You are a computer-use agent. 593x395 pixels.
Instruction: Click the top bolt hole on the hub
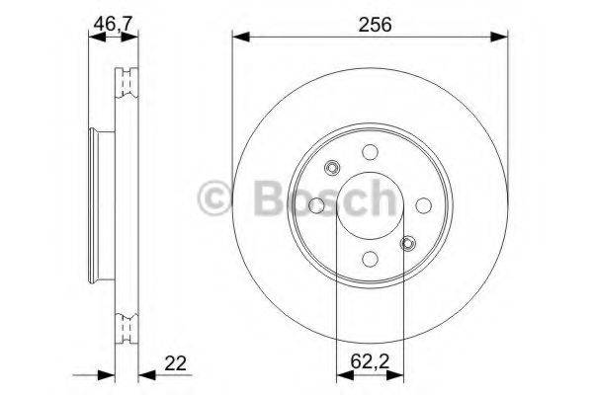tap(370, 152)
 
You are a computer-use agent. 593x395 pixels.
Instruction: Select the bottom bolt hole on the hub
tap(370, 259)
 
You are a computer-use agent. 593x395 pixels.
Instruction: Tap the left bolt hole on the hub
tap(316, 205)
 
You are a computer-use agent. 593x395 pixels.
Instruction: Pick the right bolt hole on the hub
tap(423, 205)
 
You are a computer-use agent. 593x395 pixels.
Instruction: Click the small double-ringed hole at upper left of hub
tap(332, 167)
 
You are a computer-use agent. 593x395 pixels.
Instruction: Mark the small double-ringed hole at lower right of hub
tap(407, 243)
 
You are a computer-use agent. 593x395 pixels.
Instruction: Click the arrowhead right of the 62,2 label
tap(398, 372)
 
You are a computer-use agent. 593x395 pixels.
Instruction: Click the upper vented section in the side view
tap(125, 83)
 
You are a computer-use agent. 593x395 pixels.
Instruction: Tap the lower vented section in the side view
tap(125, 325)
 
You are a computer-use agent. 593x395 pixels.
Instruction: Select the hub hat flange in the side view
tap(96, 205)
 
